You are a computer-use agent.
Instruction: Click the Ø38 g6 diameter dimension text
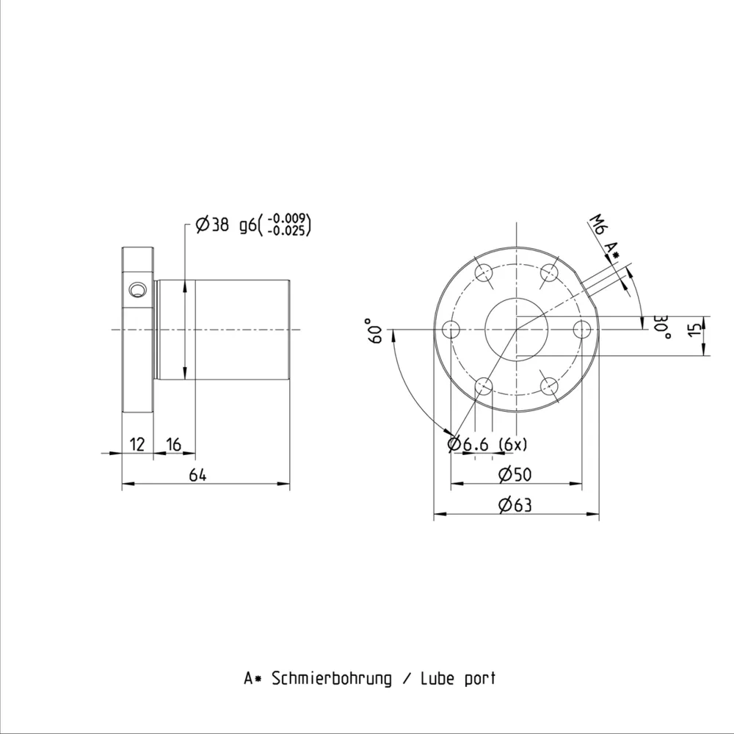point(225,225)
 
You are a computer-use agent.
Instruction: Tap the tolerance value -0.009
point(288,219)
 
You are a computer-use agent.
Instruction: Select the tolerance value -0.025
point(288,230)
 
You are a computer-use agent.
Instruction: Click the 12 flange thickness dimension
point(137,444)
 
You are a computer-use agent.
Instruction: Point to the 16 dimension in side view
point(174,444)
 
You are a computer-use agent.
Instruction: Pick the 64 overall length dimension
point(197,475)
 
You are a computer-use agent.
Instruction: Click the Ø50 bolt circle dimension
point(515,474)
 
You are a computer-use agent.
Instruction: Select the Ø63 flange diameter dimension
point(515,505)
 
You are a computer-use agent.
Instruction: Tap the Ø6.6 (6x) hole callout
point(487,444)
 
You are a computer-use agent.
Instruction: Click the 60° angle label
point(376,331)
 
